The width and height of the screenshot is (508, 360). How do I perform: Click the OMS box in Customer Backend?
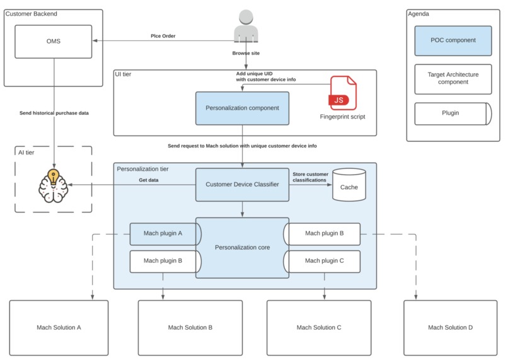pyautogui.click(x=54, y=42)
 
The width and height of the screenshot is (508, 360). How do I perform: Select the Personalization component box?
pyautogui.click(x=242, y=108)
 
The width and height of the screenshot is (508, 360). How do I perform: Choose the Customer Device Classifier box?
pyautogui.click(x=242, y=185)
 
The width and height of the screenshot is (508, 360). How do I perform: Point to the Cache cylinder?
pyautogui.click(x=349, y=185)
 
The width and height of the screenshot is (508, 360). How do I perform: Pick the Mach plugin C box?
pyautogui.click(x=323, y=260)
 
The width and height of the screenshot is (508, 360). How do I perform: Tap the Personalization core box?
pyautogui.click(x=242, y=248)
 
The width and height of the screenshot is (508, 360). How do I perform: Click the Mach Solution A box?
pyautogui.click(x=59, y=327)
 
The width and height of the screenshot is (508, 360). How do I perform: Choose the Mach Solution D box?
pyautogui.click(x=450, y=327)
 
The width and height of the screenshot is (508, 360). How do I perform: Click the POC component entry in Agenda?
pyautogui.click(x=453, y=40)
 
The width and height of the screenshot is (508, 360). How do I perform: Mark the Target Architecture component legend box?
pyautogui.click(x=453, y=79)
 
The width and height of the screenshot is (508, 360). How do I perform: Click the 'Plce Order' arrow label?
pyautogui.click(x=163, y=36)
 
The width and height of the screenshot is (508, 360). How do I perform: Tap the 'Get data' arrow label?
pyautogui.click(x=149, y=180)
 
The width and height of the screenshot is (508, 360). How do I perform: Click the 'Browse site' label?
pyautogui.click(x=246, y=54)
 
